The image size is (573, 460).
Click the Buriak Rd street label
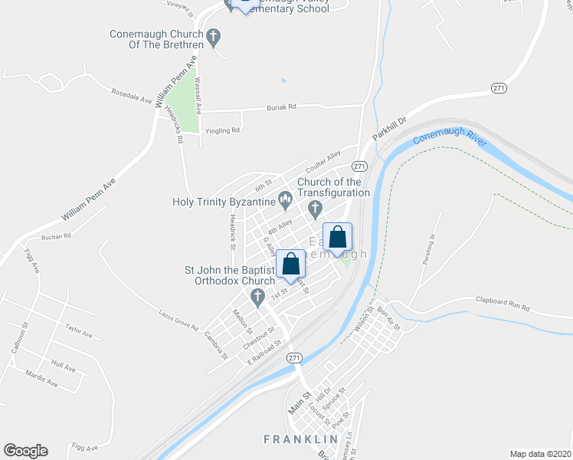coord(281,107)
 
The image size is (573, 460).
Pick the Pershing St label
coord(428,249)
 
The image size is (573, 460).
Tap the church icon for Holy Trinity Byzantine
coord(286,202)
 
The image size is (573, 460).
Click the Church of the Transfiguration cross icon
coord(314,208)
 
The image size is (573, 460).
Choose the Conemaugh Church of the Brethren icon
coord(214,35)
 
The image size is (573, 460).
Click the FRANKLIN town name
coord(301,439)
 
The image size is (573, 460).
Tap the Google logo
coord(25,451)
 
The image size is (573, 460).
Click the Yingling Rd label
coord(222,130)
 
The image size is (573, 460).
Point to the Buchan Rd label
coord(56,237)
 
